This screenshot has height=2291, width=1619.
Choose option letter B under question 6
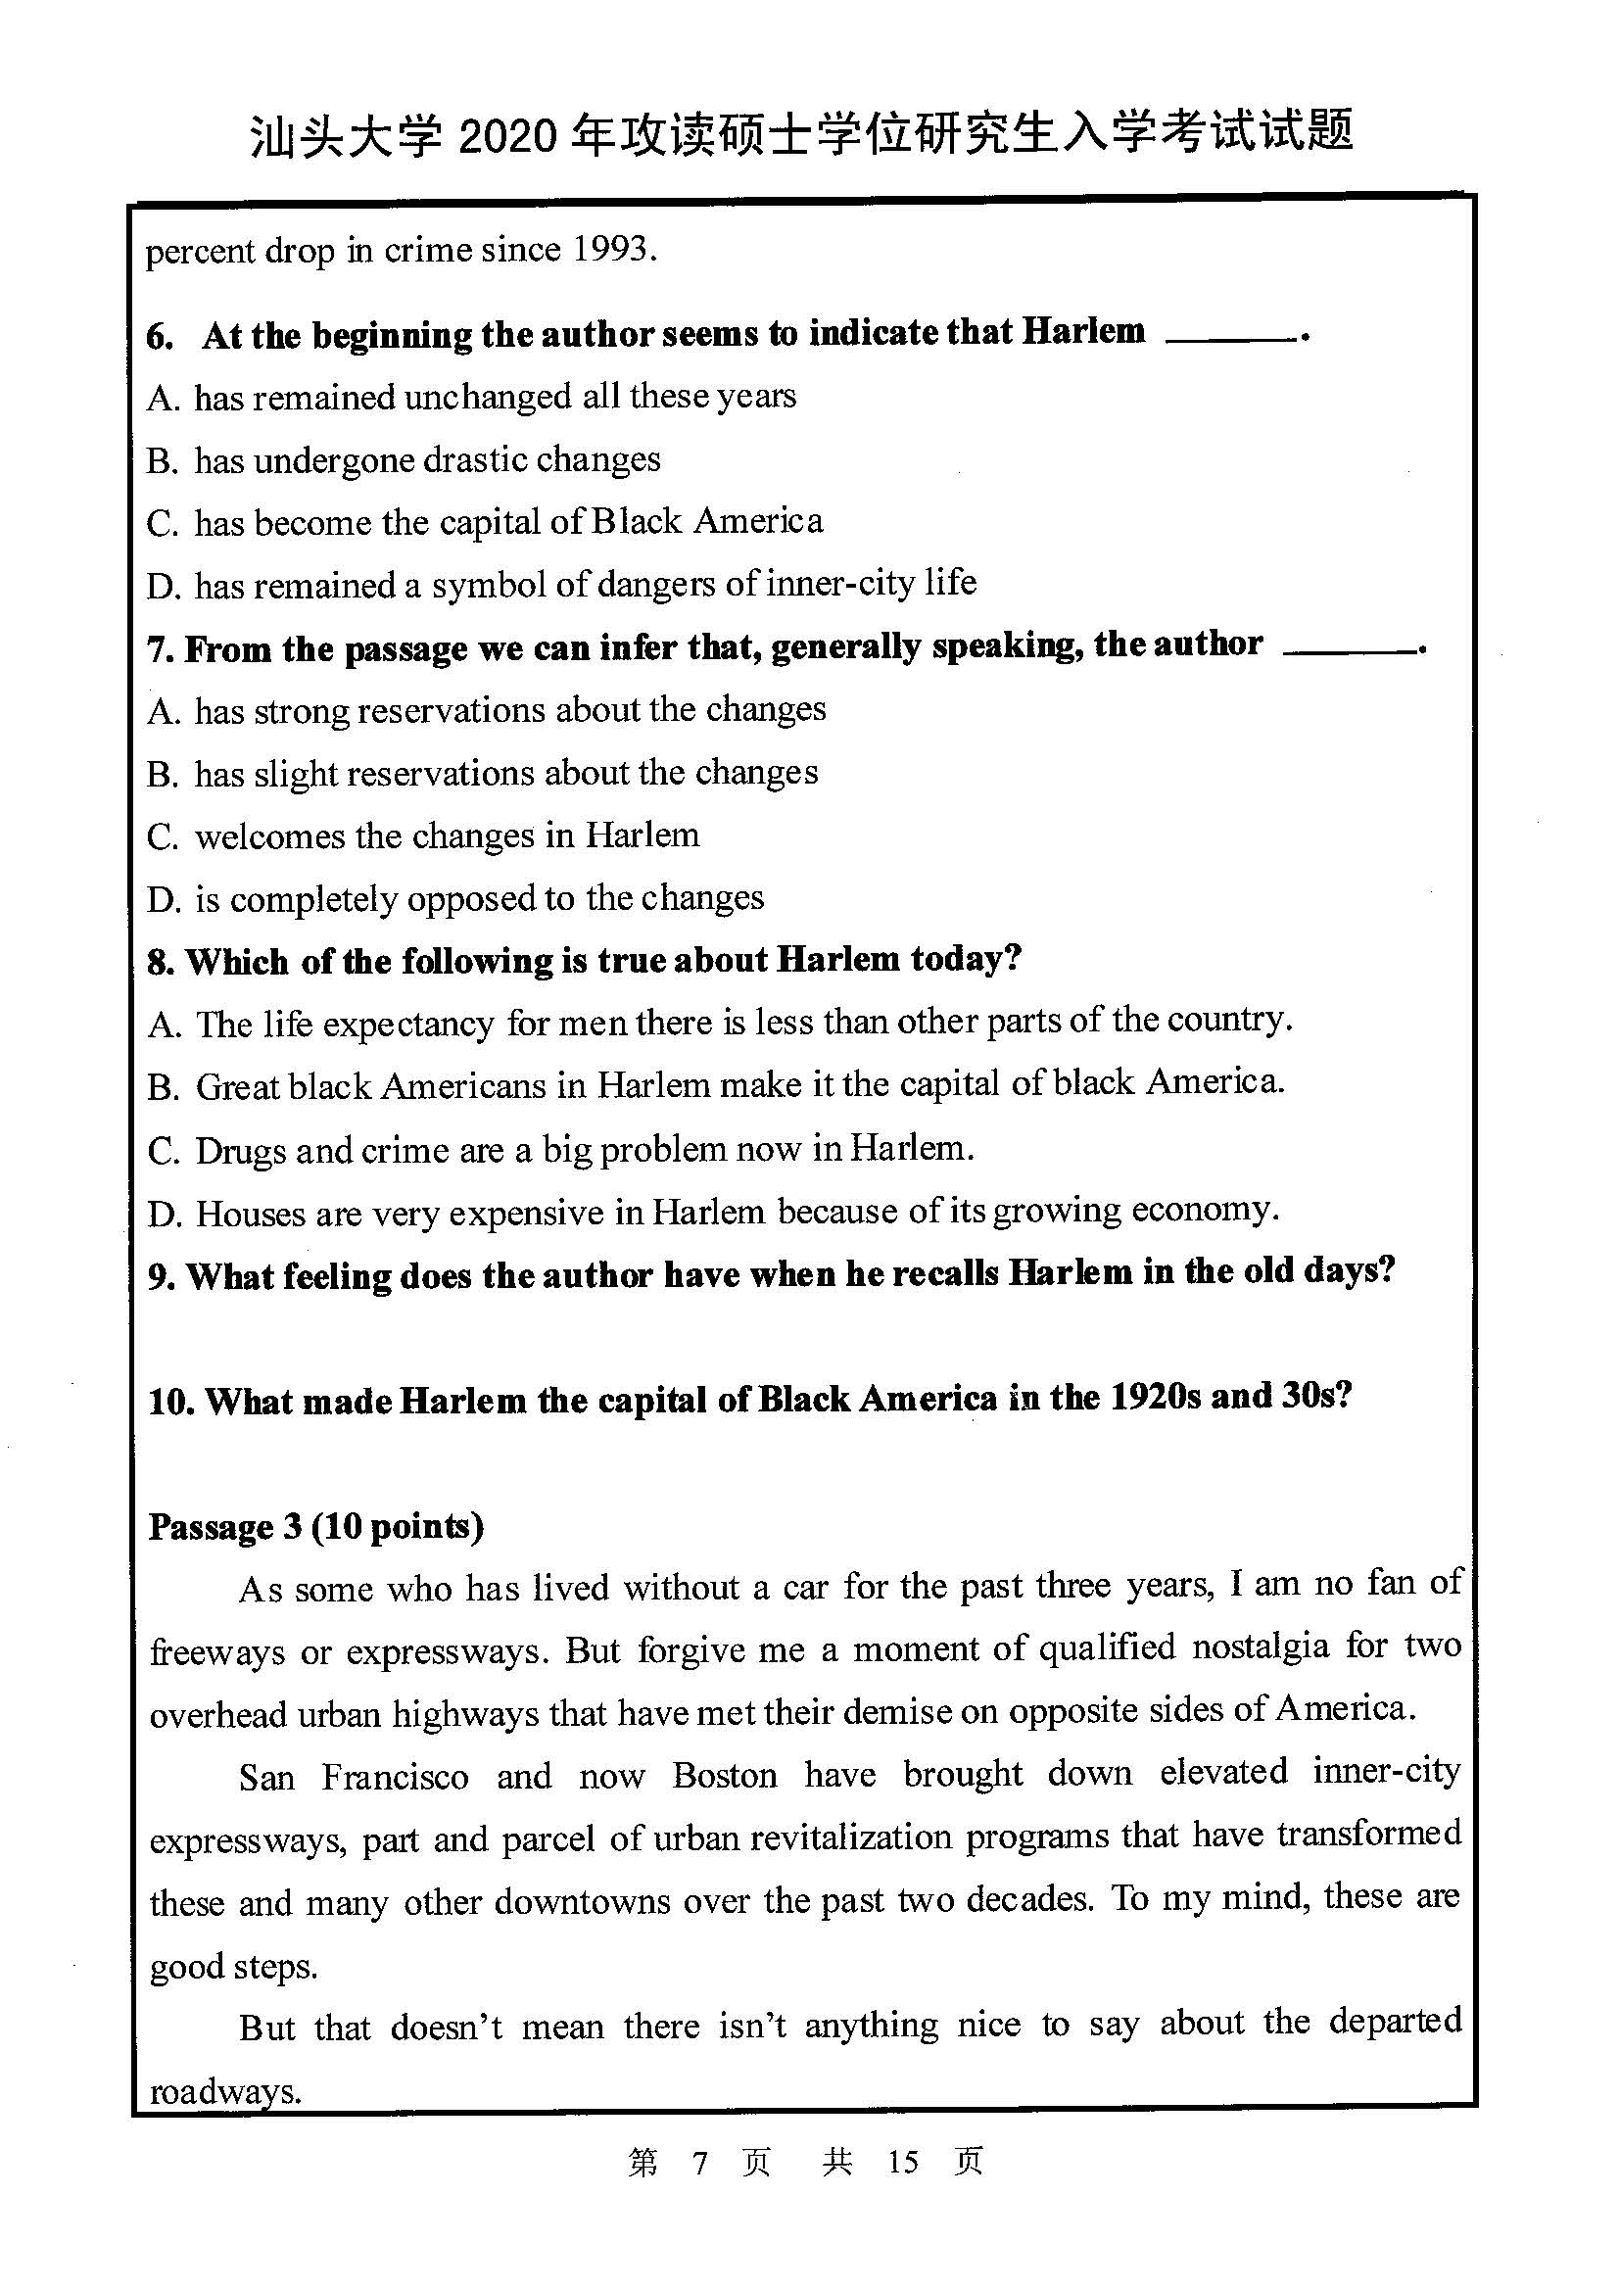tap(161, 460)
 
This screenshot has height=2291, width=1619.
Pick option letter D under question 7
tap(162, 900)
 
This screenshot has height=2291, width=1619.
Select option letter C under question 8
tap(162, 1151)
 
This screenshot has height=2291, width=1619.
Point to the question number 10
tap(169, 1402)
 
